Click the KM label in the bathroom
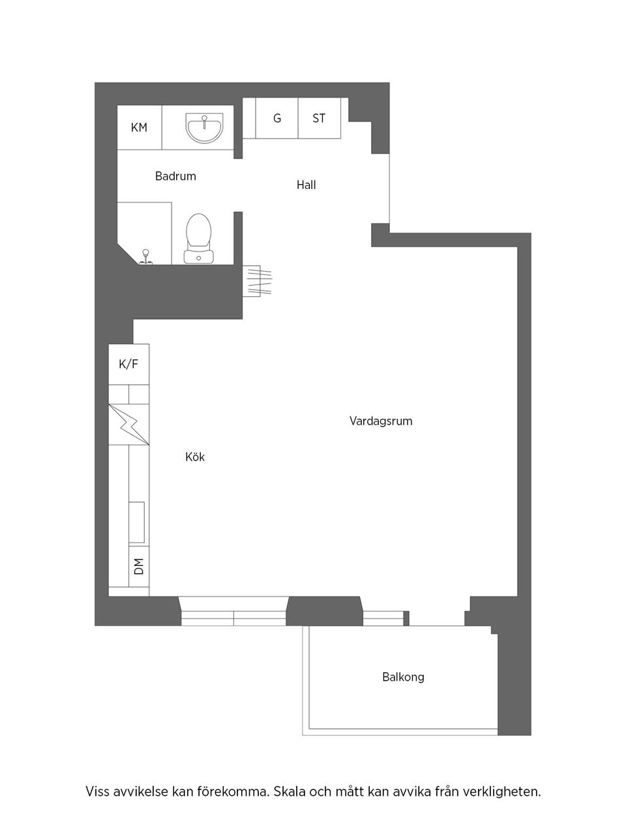pyautogui.click(x=139, y=128)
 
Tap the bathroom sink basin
pyautogui.click(x=204, y=127)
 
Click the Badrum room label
pyautogui.click(x=175, y=176)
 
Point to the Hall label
pyautogui.click(x=306, y=185)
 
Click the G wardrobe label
pyautogui.click(x=277, y=119)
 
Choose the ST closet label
pyautogui.click(x=319, y=119)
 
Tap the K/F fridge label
pyautogui.click(x=128, y=365)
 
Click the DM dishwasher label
pyautogui.click(x=138, y=567)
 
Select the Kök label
pyautogui.click(x=195, y=457)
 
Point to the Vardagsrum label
pyautogui.click(x=381, y=421)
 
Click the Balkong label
pyautogui.click(x=403, y=677)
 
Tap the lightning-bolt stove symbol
pyautogui.click(x=129, y=425)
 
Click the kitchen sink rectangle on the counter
pyautogui.click(x=137, y=522)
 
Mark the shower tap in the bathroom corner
pyautogui.click(x=146, y=256)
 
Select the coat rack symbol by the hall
pyautogui.click(x=256, y=281)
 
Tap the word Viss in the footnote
pyautogui.click(x=98, y=793)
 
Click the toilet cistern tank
pyautogui.click(x=199, y=256)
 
